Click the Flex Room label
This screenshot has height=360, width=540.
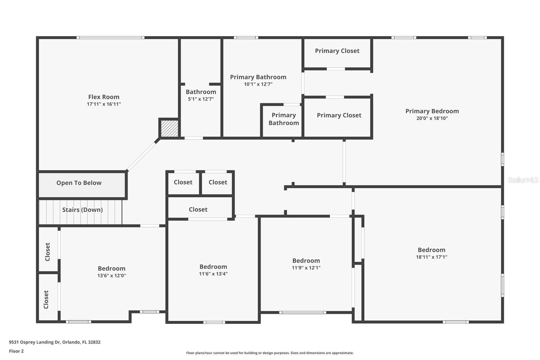pos(104,97)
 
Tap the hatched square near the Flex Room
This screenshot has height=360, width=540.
pos(169,129)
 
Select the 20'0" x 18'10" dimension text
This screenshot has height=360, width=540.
pos(432,118)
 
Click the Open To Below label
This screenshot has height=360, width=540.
pos(79,183)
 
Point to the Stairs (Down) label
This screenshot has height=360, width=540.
pos(82,210)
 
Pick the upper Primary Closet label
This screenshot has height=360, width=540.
pos(337,51)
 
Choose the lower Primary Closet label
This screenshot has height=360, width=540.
pos(339,115)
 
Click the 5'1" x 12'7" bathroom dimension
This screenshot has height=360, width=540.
pos(201,99)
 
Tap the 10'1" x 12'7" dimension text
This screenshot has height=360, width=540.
pos(258,84)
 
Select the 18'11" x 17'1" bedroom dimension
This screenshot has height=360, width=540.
pos(431,257)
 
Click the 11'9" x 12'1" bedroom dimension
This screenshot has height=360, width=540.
pos(306,268)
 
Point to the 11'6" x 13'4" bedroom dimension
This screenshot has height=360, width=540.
pos(213,274)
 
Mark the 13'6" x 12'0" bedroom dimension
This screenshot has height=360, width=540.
pos(112,276)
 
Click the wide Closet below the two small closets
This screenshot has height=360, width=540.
pos(198,210)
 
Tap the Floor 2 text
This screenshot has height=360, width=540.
pos(16,351)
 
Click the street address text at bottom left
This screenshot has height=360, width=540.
pos(55,342)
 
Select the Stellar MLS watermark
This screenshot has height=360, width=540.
pos(523,180)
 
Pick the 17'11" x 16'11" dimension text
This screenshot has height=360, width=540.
pos(104,104)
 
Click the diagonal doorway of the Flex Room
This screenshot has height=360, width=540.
pos(142,156)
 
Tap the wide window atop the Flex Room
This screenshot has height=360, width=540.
pos(110,37)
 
